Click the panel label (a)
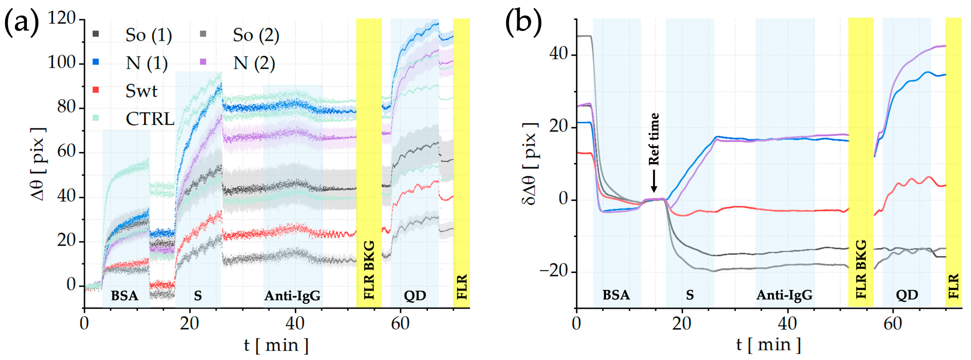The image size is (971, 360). [x=22, y=22]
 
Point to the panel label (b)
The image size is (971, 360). [x=524, y=22]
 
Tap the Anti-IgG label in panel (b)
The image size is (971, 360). [x=784, y=295]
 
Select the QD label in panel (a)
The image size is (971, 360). [x=415, y=296]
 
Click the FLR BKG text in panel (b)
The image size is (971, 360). [x=861, y=269]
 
